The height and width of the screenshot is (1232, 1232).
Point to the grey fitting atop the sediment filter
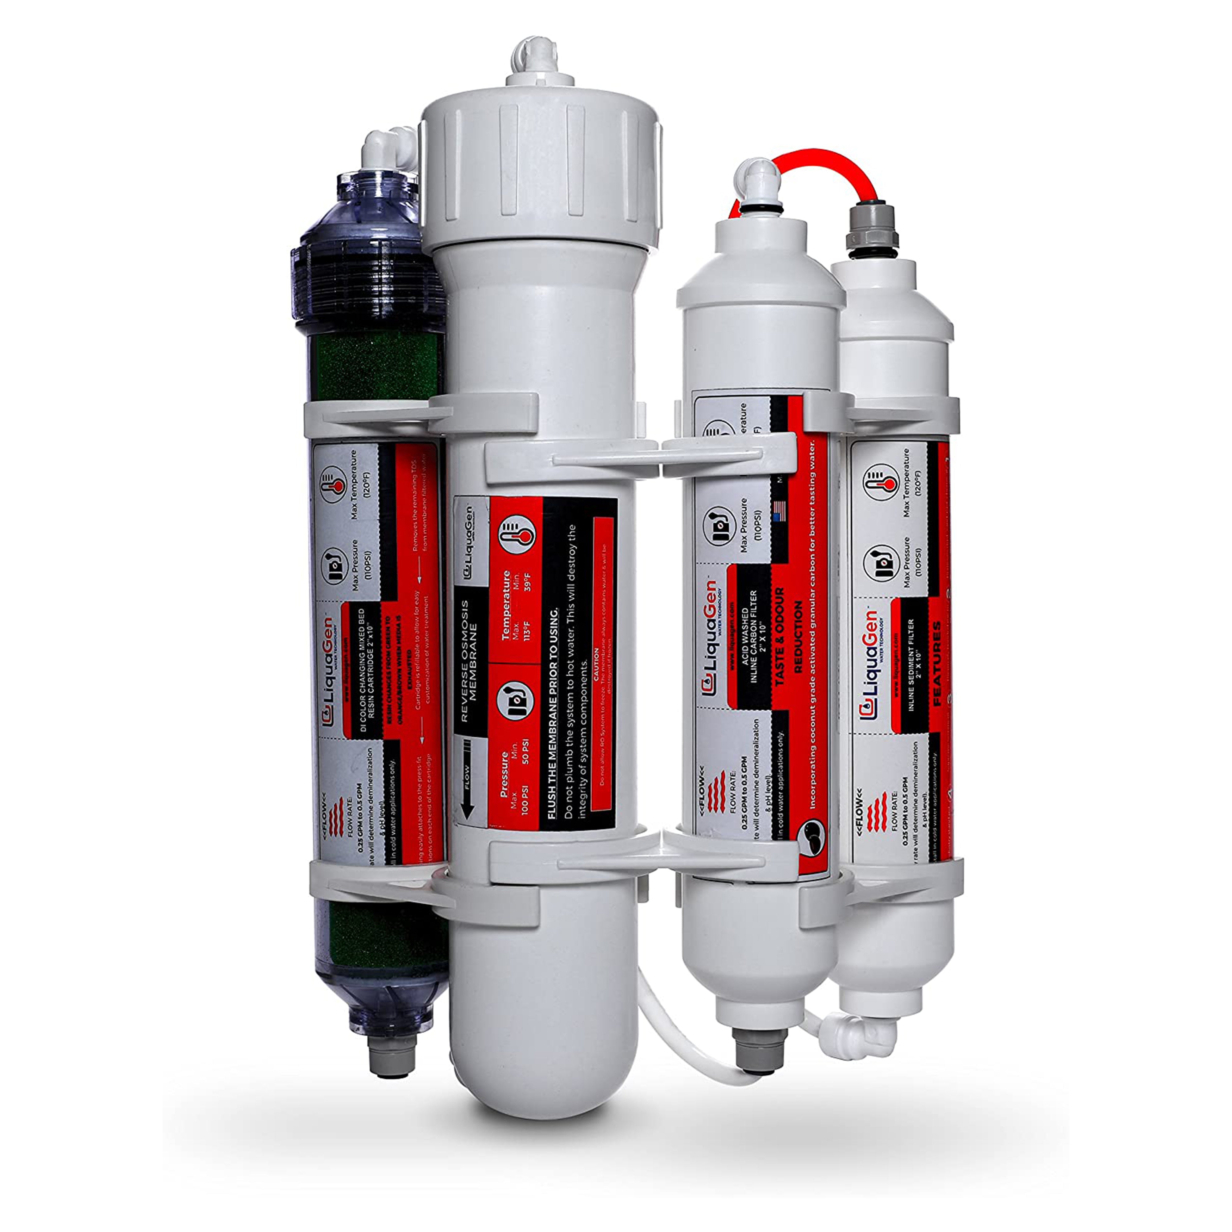872,231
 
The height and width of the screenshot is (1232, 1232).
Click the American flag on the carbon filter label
778,510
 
